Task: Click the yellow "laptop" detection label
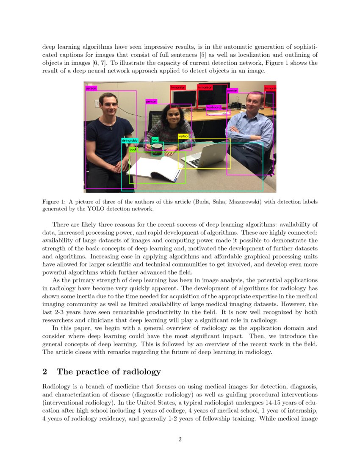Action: click(183, 136)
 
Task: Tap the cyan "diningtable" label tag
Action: click(130, 140)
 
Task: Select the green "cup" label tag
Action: click(155, 139)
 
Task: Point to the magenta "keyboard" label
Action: click(214, 108)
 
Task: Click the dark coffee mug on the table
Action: click(158, 149)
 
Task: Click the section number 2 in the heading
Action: click(44, 372)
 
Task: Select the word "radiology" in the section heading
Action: click(143, 372)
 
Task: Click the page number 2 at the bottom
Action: click(180, 439)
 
